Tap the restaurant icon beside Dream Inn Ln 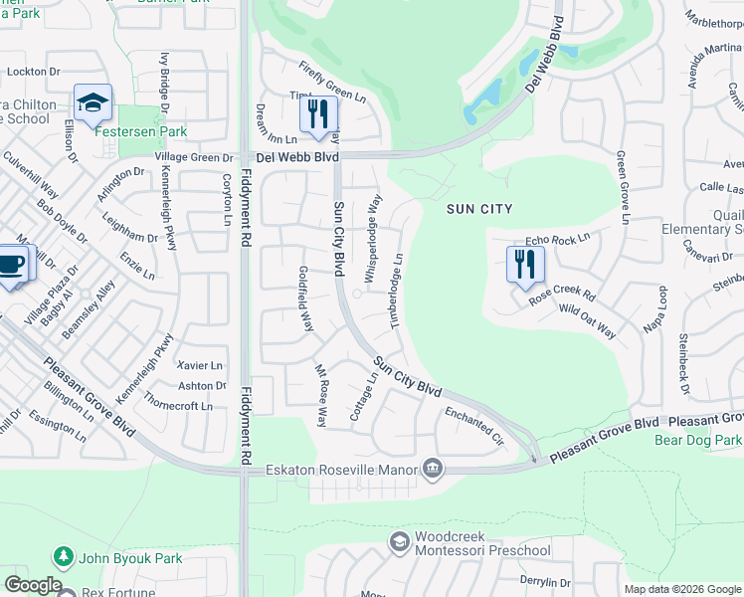(318, 114)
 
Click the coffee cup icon (11, 266)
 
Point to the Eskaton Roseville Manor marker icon (433, 468)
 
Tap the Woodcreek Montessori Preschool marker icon (400, 542)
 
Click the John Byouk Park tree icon (64, 558)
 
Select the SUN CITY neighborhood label (479, 209)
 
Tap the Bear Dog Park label (699, 439)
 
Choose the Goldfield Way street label (306, 299)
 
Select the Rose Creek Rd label (563, 296)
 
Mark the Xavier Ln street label (199, 366)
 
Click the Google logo (33, 585)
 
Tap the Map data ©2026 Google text (681, 589)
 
